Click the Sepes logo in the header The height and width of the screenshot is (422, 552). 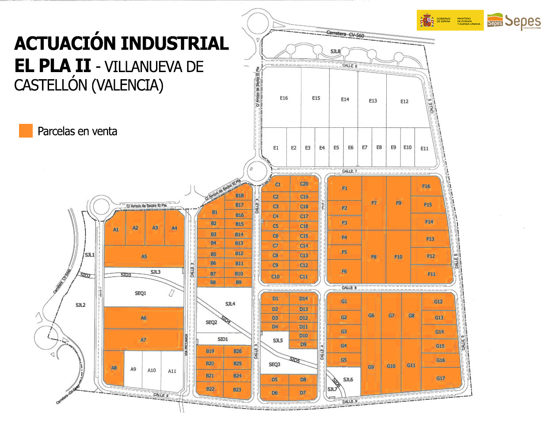(x=514, y=21)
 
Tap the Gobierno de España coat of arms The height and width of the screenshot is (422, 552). (x=427, y=20)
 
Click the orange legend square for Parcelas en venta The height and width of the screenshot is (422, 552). (x=26, y=131)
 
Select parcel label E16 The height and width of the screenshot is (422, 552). (x=284, y=98)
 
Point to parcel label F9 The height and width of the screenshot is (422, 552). (x=399, y=203)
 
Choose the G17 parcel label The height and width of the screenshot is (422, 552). (x=441, y=378)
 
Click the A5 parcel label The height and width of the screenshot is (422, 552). (x=144, y=257)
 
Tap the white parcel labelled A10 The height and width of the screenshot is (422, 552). (x=152, y=370)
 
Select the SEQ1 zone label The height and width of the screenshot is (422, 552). (x=140, y=293)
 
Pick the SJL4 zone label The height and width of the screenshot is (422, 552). (x=230, y=304)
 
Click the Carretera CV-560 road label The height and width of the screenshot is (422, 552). (x=345, y=34)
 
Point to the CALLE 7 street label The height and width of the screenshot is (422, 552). (x=349, y=171)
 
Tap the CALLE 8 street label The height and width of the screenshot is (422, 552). (x=349, y=288)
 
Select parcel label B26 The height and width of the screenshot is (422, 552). (x=238, y=351)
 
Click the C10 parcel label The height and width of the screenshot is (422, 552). (x=275, y=276)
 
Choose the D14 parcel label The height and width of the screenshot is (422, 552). (x=303, y=299)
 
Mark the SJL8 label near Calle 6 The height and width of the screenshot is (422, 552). (x=335, y=52)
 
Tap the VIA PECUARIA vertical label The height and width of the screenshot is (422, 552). (x=187, y=345)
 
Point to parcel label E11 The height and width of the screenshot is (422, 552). (x=424, y=149)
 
